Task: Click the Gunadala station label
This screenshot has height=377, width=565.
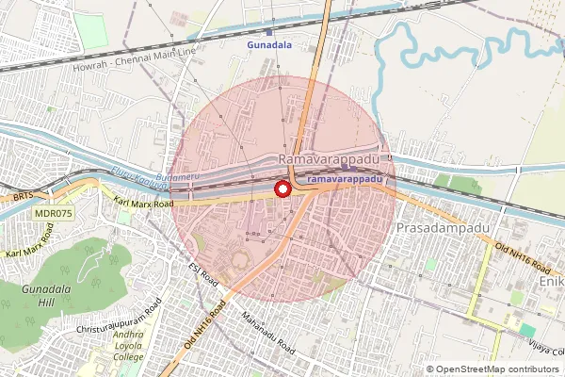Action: point(269,44)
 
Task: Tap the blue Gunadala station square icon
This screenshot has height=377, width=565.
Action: point(271,33)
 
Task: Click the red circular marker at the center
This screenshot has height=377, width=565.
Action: point(282,189)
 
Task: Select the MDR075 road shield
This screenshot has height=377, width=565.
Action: point(55,214)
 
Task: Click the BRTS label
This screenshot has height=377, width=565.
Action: point(23,197)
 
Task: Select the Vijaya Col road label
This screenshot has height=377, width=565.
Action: point(544,349)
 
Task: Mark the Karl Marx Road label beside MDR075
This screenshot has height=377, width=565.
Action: point(143,201)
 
